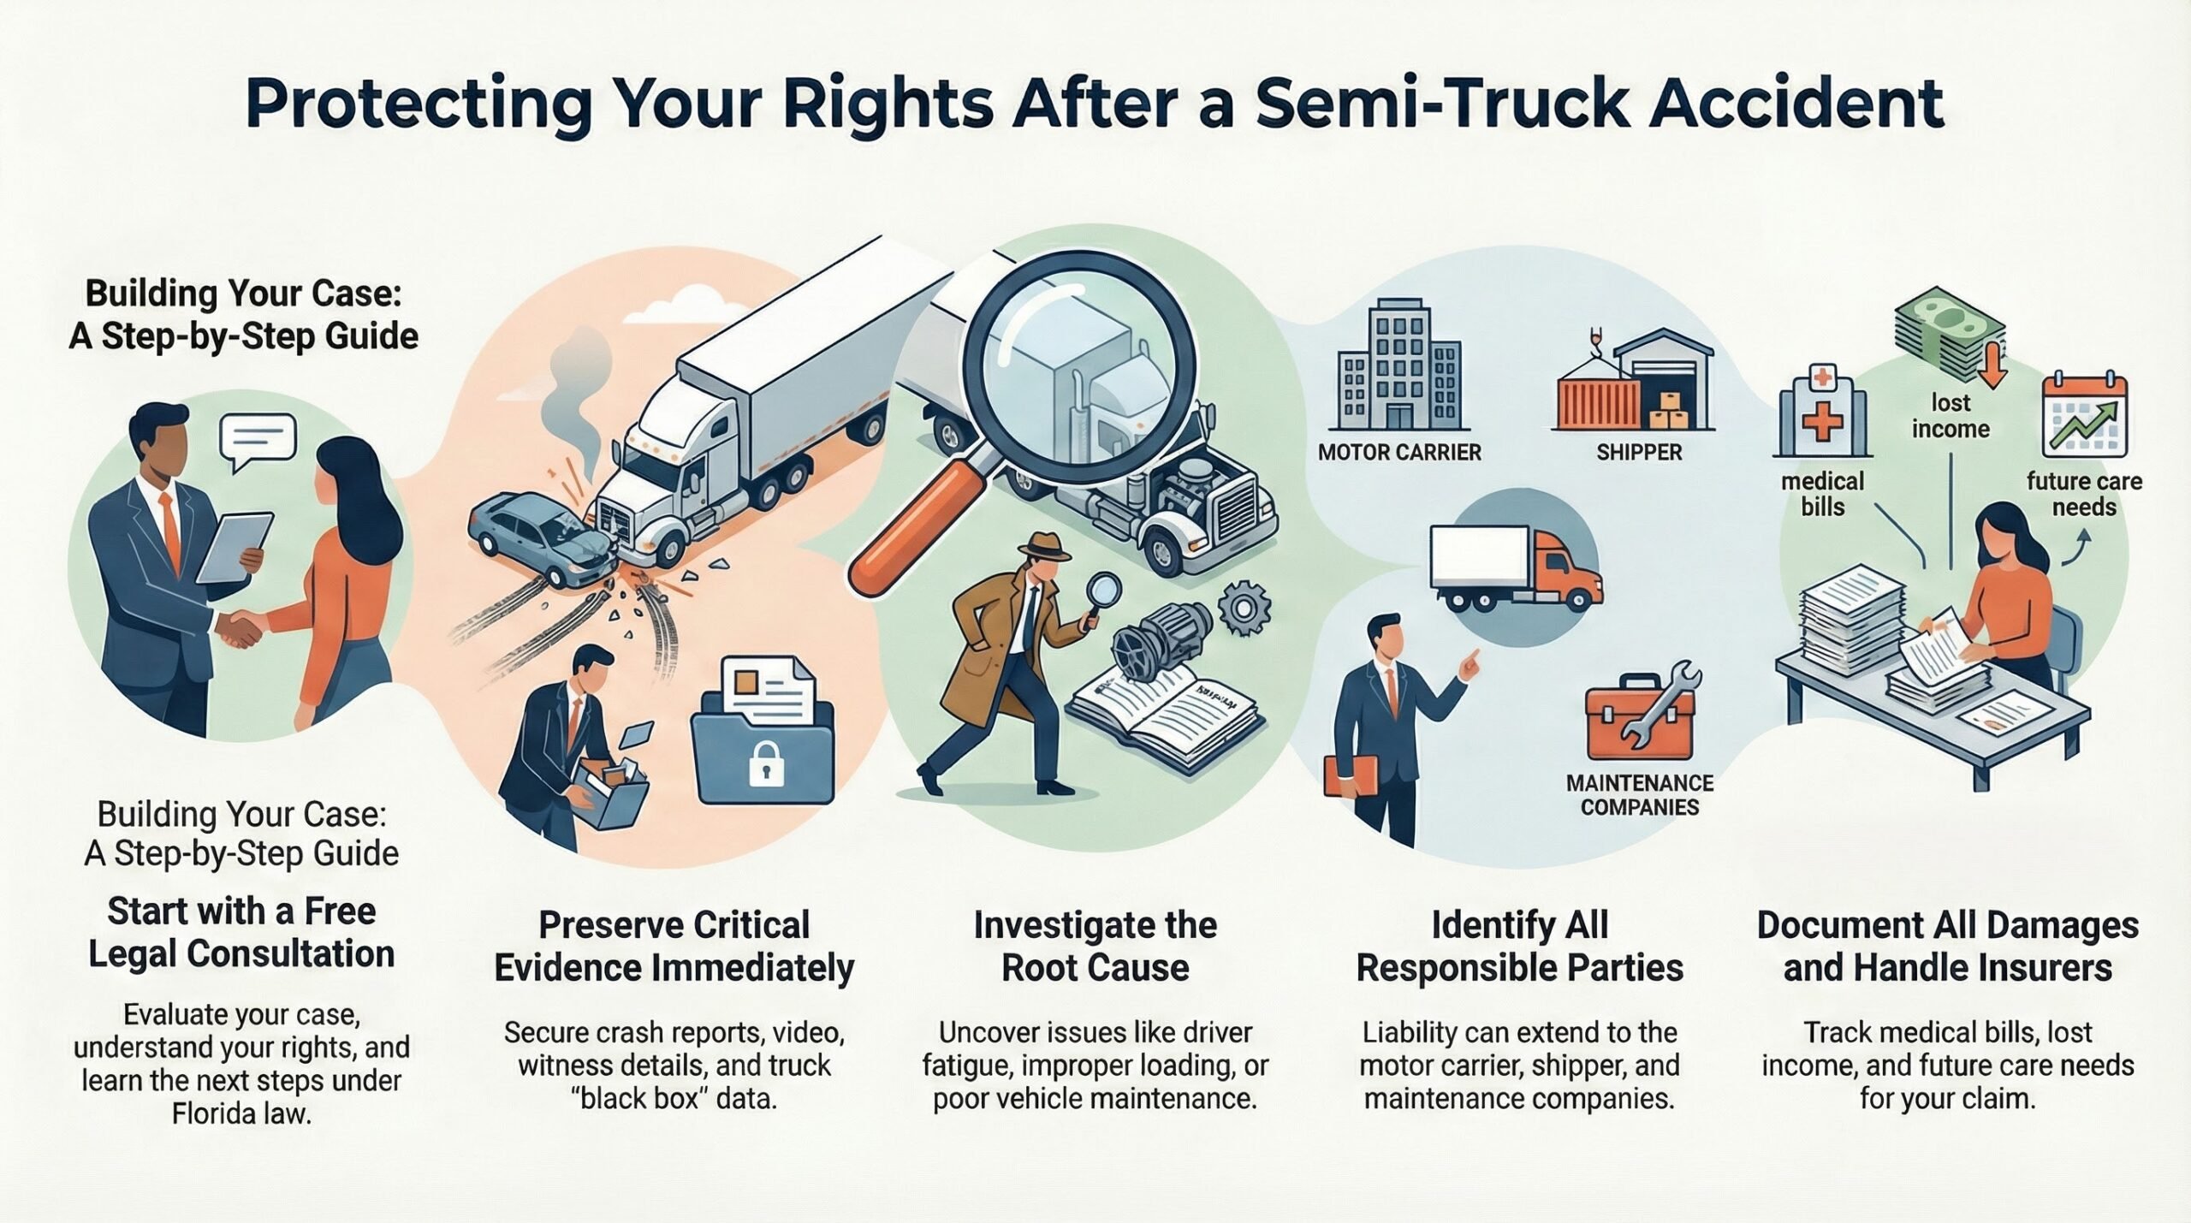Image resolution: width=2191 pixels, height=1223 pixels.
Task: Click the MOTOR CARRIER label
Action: click(x=1399, y=453)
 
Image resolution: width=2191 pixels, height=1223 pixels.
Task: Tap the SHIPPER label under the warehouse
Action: click(x=1639, y=453)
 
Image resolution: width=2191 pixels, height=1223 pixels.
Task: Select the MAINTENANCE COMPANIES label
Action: click(x=1639, y=795)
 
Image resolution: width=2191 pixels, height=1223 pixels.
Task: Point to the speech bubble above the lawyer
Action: click(x=257, y=440)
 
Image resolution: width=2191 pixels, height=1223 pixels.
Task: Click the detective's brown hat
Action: click(x=1048, y=547)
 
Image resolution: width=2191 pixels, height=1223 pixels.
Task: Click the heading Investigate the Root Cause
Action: click(x=1095, y=947)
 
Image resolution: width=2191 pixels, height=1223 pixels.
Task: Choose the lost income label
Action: click(x=1951, y=416)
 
